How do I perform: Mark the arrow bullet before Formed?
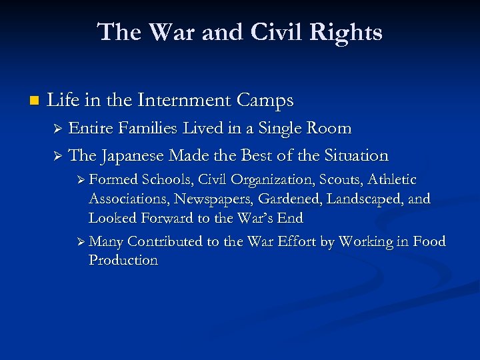coord(81,180)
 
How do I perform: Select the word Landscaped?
coord(369,199)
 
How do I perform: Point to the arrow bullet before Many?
coord(81,241)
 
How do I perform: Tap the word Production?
coord(123,260)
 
